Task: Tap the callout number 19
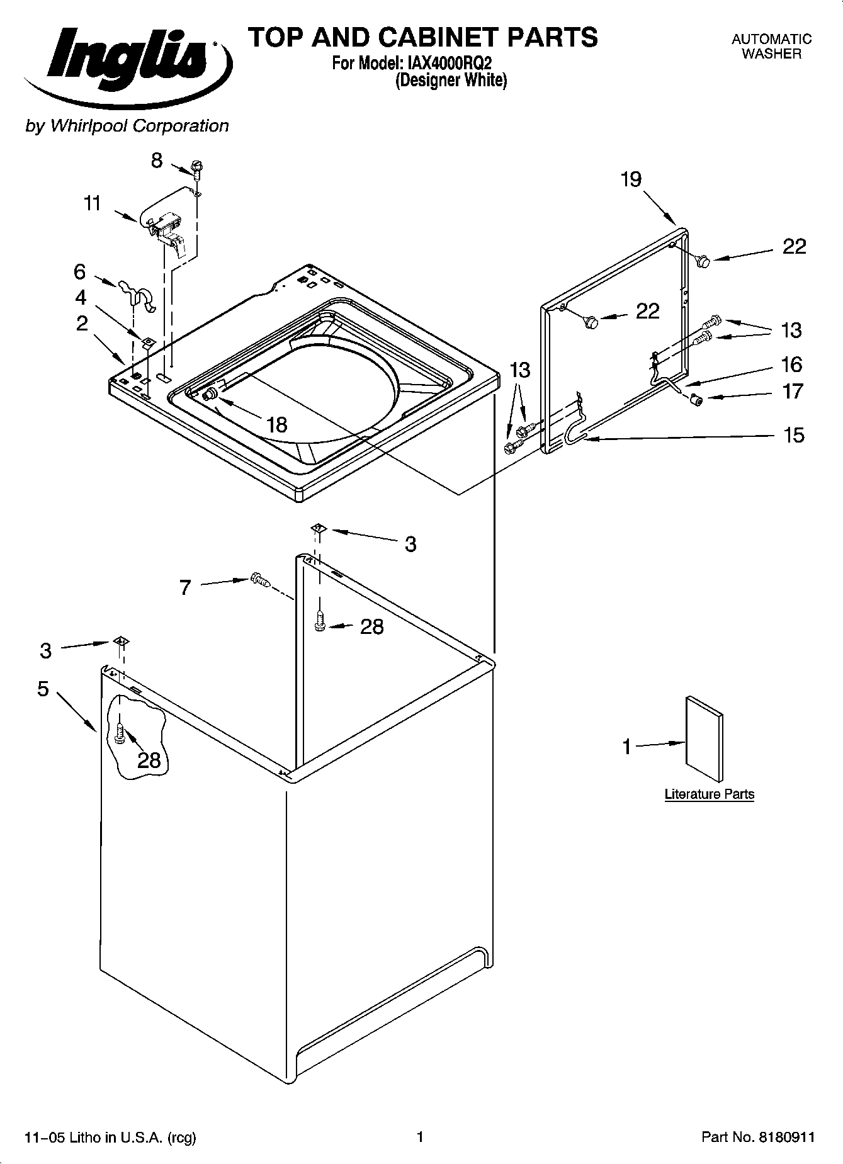(631, 180)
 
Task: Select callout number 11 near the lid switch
(93, 204)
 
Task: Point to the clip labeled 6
(137, 295)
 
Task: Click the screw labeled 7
(259, 580)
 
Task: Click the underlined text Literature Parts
(709, 794)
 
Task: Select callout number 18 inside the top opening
(276, 425)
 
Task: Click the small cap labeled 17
(696, 399)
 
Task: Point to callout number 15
(794, 435)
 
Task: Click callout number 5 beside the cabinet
(43, 689)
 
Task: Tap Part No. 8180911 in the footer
(758, 1137)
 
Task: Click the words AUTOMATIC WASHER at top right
(771, 47)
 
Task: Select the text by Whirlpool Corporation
(127, 126)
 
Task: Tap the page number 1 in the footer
(420, 1137)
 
